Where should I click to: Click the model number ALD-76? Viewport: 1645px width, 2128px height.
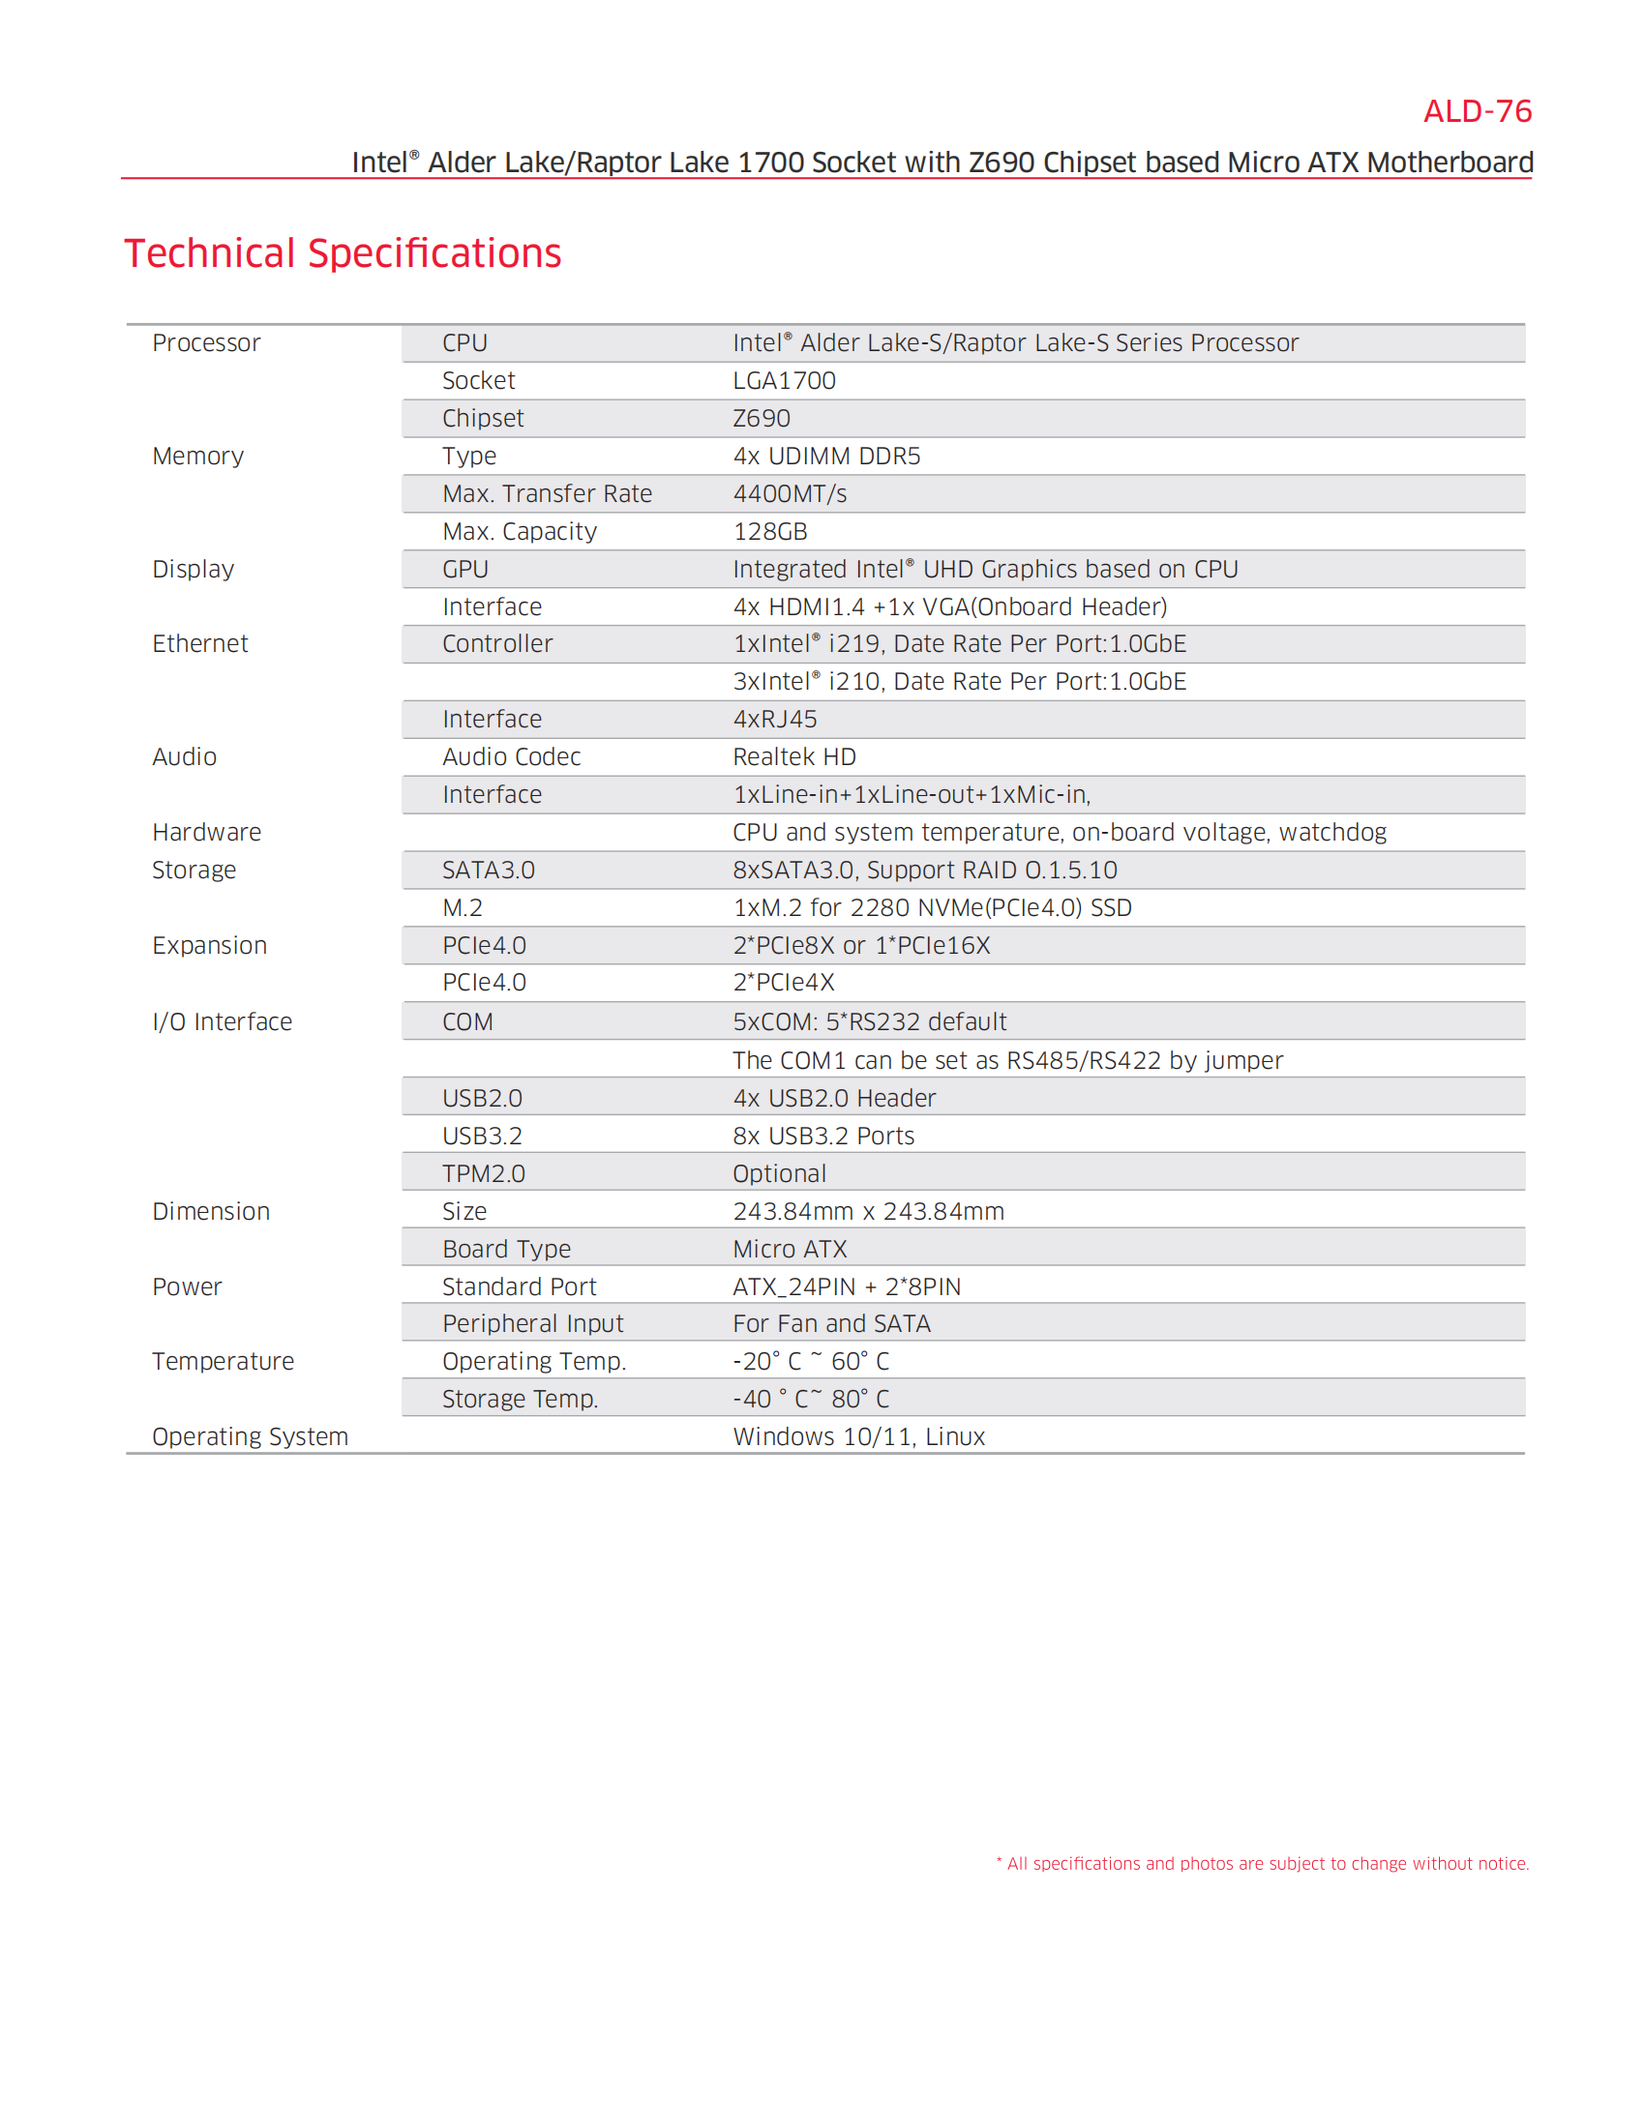pyautogui.click(x=1477, y=112)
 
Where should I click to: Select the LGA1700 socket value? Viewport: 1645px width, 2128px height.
pyautogui.click(x=784, y=381)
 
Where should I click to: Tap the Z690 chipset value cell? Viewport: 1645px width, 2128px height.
pyautogui.click(x=762, y=419)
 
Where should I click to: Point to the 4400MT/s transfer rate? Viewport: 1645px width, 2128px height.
pyautogui.click(x=790, y=494)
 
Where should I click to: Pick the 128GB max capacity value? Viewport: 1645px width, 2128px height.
pyautogui.click(x=770, y=532)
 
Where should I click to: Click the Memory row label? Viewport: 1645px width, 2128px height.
pyautogui.click(x=197, y=456)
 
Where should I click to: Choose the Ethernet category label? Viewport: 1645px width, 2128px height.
pyautogui.click(x=199, y=644)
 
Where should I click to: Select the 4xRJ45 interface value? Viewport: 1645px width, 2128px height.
pyautogui.click(x=775, y=719)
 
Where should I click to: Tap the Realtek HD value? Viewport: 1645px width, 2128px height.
pyautogui.click(x=794, y=757)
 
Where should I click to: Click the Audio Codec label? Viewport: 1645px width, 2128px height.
pyautogui.click(x=511, y=757)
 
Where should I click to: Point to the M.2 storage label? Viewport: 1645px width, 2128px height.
pyautogui.click(x=462, y=908)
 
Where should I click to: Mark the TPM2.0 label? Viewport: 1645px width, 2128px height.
pyautogui.click(x=484, y=1174)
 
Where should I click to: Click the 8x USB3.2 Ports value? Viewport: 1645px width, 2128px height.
pyautogui.click(x=823, y=1137)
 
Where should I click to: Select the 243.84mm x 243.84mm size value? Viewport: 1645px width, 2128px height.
pyautogui.click(x=868, y=1211)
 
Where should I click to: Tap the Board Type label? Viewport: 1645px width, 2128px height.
pyautogui.click(x=507, y=1249)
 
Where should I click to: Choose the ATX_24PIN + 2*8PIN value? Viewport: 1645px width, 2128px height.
pyautogui.click(x=847, y=1287)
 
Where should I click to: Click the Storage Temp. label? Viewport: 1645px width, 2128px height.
pyautogui.click(x=520, y=1400)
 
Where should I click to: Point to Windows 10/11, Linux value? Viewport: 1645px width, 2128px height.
pyautogui.click(x=858, y=1437)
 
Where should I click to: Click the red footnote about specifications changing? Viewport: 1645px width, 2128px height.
pyautogui.click(x=1262, y=1863)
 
